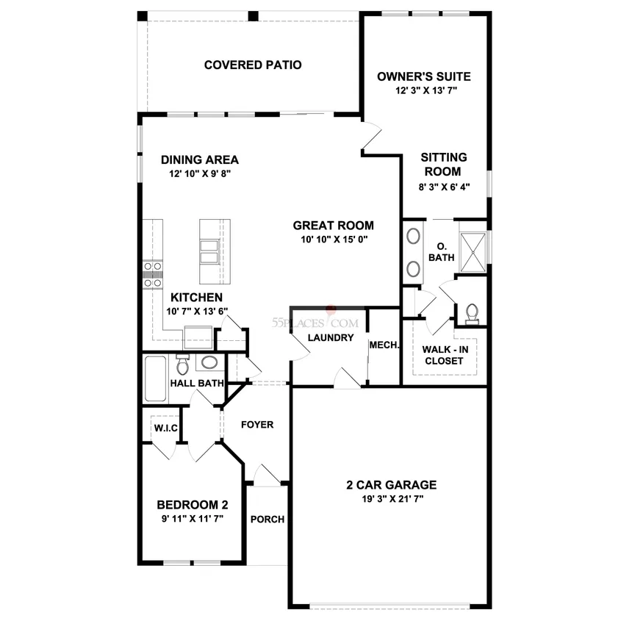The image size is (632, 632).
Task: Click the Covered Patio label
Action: (x=253, y=65)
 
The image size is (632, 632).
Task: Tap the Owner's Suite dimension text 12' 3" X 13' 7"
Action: (x=426, y=90)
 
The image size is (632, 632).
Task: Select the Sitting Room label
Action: (x=443, y=165)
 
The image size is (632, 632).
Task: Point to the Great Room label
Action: (x=334, y=226)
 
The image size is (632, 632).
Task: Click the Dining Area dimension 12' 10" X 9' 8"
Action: (x=200, y=173)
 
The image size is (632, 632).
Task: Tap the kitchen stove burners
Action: (x=153, y=275)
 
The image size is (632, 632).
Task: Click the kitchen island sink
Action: (x=209, y=252)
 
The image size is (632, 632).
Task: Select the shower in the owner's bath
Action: (x=473, y=252)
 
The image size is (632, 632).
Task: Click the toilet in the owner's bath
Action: (x=472, y=314)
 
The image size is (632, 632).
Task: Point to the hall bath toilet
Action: (x=182, y=364)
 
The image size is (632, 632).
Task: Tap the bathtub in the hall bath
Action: (x=155, y=378)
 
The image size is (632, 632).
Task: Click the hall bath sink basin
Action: (x=209, y=362)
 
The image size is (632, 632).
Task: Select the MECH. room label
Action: (x=384, y=345)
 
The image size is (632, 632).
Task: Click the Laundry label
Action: (x=331, y=338)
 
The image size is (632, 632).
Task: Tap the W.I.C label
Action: (x=165, y=428)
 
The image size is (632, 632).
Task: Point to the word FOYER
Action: (x=257, y=425)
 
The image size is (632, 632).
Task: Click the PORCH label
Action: (x=267, y=519)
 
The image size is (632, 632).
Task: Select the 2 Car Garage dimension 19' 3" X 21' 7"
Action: (x=392, y=499)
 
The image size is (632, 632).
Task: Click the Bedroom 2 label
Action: (x=193, y=505)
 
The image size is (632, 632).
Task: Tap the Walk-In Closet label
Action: (x=445, y=355)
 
